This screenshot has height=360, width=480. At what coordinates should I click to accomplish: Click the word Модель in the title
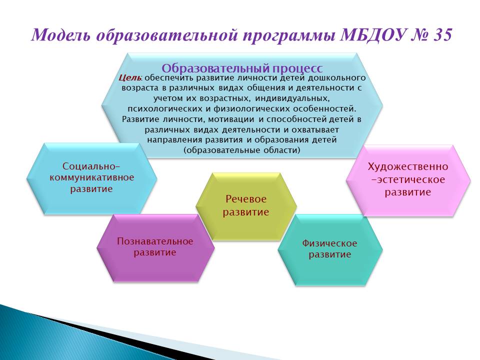click(61, 35)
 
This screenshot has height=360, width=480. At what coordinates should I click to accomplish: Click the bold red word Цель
click(130, 78)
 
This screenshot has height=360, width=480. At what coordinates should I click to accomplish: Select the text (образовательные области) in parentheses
click(242, 150)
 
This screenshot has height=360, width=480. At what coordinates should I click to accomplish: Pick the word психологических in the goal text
click(163, 108)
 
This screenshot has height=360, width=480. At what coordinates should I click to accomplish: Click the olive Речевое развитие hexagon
click(246, 206)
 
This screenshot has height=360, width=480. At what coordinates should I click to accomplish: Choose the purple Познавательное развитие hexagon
click(155, 247)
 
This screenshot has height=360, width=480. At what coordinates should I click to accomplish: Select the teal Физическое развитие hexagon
click(330, 250)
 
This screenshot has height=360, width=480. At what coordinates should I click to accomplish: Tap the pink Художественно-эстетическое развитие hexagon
click(408, 180)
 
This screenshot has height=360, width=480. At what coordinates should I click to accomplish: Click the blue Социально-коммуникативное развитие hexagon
click(91, 178)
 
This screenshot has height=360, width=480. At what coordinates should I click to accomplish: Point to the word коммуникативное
click(92, 177)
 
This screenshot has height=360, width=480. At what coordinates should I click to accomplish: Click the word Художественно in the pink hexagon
click(408, 167)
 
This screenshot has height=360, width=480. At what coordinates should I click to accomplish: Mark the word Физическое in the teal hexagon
click(329, 243)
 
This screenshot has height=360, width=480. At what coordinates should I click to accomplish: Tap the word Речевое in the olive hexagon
click(246, 199)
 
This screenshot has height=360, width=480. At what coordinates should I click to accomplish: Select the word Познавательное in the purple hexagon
click(155, 241)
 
